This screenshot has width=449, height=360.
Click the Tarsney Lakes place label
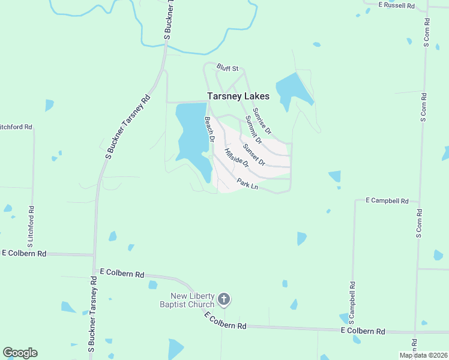tap(238, 96)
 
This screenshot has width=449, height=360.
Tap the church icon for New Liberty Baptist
tap(224, 298)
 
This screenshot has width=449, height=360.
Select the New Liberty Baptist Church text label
tap(192, 300)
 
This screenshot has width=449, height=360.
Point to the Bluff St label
tap(228, 69)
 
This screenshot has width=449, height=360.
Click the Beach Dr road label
tap(209, 129)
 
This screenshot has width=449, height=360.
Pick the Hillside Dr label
tap(236, 157)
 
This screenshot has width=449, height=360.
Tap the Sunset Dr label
tap(254, 154)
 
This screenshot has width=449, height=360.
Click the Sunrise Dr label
tap(262, 121)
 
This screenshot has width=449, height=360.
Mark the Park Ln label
tap(247, 185)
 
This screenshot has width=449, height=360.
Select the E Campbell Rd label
tap(387, 201)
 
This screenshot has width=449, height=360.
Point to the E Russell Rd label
tap(397, 5)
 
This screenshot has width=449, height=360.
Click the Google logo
tap(20, 352)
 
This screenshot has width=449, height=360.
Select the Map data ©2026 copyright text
tap(423, 355)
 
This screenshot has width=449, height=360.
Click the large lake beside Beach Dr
tap(190, 129)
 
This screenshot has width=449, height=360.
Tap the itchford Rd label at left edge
tap(16, 127)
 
